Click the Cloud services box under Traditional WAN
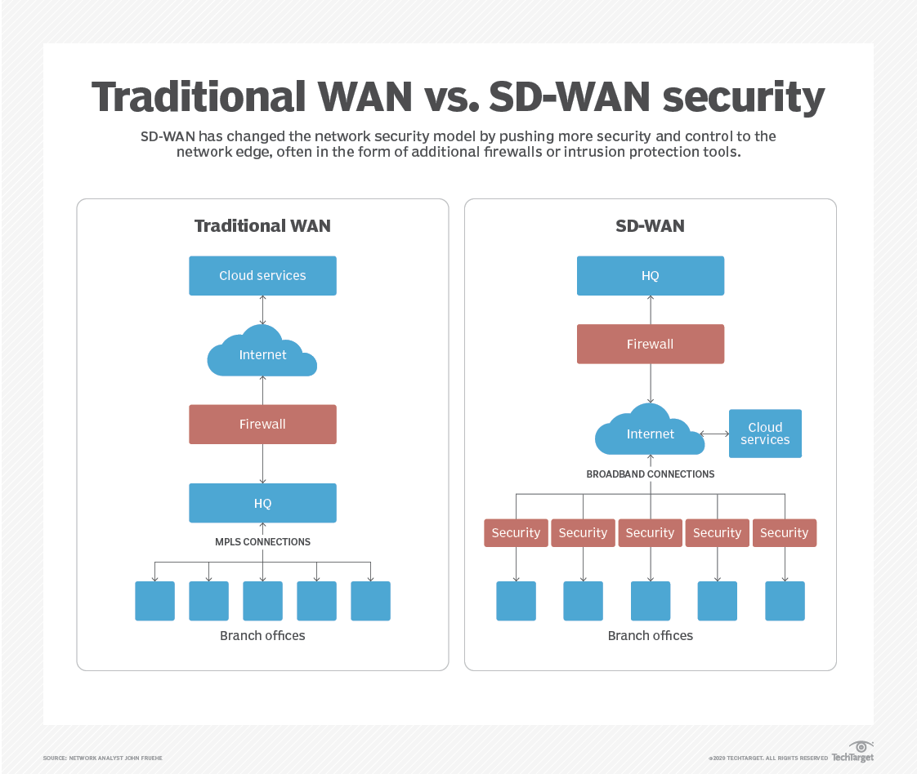click(x=262, y=276)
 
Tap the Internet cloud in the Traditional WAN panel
click(x=262, y=354)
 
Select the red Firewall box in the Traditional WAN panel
click(x=262, y=425)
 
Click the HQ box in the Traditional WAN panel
click(x=262, y=503)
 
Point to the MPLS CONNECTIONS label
click(x=262, y=542)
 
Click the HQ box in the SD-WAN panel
click(x=650, y=276)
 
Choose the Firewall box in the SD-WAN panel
click(x=650, y=344)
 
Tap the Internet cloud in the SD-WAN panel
click(x=650, y=434)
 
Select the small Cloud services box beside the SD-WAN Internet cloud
click(x=765, y=434)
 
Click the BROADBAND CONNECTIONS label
click(x=650, y=474)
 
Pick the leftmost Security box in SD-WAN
click(x=516, y=533)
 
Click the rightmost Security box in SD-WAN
click(x=784, y=533)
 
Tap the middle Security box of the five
click(x=650, y=533)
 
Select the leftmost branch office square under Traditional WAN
click(x=154, y=601)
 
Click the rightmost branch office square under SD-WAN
click(x=785, y=601)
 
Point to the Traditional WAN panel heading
click(x=262, y=226)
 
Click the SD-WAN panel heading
click(x=650, y=226)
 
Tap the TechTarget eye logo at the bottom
click(x=861, y=746)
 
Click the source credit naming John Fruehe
click(x=103, y=758)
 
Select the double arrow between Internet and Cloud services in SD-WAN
click(x=715, y=434)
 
